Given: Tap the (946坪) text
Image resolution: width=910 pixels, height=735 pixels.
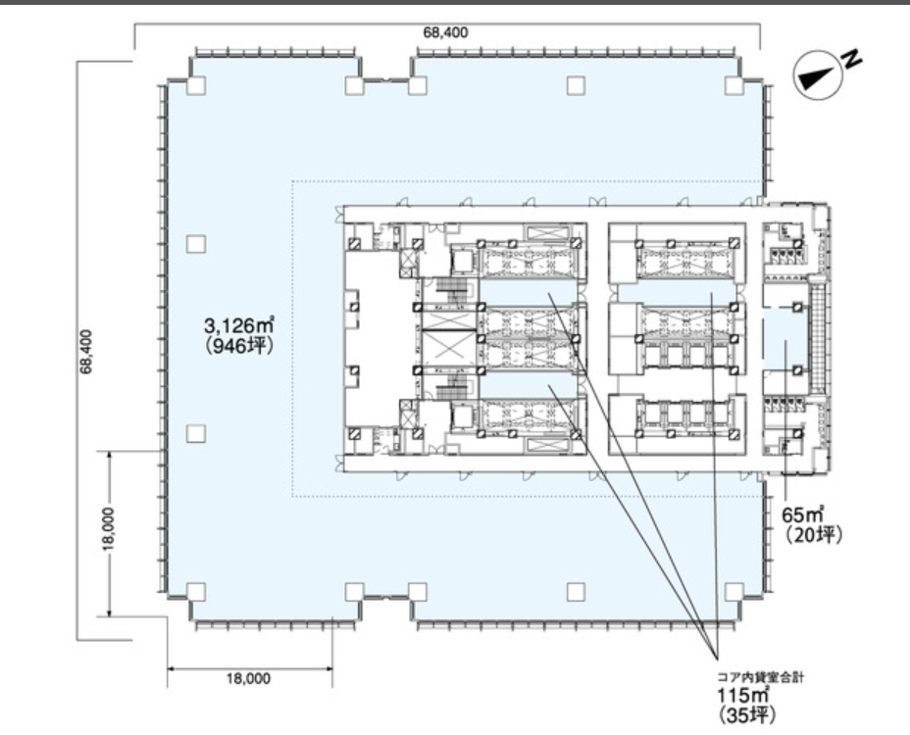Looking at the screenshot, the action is point(238,346).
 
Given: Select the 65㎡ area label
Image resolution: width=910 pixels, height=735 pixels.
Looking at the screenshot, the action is point(804,514).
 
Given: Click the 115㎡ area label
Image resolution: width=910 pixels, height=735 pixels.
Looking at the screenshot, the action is point(743,695).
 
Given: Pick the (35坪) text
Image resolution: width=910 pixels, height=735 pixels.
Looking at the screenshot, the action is point(747,715).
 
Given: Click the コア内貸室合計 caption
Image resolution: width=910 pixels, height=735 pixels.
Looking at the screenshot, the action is point(761,677).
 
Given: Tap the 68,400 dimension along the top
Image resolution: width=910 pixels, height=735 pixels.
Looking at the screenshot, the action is point(445,32).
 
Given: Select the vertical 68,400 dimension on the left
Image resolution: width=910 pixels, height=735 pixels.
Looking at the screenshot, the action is point(86,352).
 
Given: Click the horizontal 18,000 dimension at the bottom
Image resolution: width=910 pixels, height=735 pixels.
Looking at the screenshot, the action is point(248,678).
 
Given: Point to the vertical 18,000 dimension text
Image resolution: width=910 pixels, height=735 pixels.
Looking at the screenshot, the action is point(110,528).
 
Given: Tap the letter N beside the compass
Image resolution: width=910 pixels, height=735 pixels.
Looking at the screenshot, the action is point(852,59).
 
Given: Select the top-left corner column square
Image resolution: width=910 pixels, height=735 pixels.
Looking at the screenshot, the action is point(196,86).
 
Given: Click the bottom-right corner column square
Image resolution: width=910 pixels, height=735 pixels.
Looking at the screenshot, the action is point(734,592).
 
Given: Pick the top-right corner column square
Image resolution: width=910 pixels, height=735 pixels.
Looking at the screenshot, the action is point(734,86).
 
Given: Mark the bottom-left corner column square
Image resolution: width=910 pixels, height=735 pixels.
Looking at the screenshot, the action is point(196,592).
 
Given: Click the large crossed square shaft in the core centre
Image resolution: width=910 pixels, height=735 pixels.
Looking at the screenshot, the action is point(448,348).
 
